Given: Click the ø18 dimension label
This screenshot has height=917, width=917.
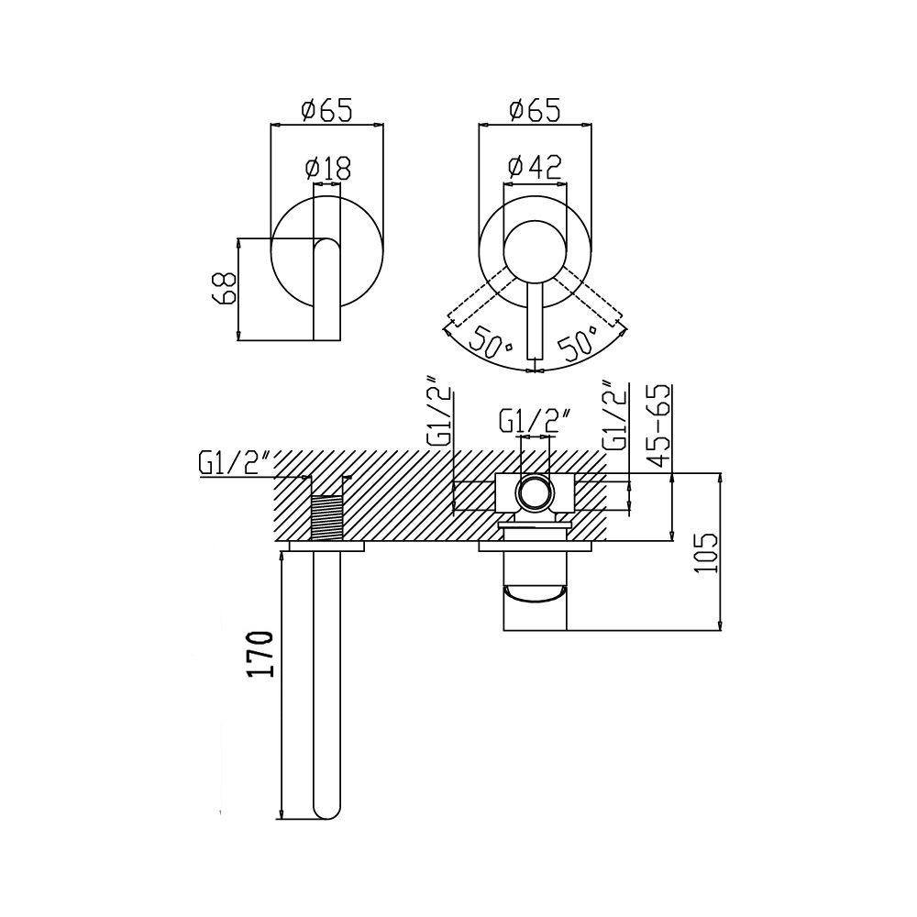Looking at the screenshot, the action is coord(327,169).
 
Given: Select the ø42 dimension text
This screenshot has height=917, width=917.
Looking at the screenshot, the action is coord(536,167).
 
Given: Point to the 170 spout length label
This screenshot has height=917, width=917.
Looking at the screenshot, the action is coord(260,653).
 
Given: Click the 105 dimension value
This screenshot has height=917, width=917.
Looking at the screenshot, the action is coord(706,553).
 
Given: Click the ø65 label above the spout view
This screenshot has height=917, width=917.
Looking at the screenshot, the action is coord(326,110).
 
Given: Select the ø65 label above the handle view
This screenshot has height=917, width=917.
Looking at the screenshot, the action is coord(535,110).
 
